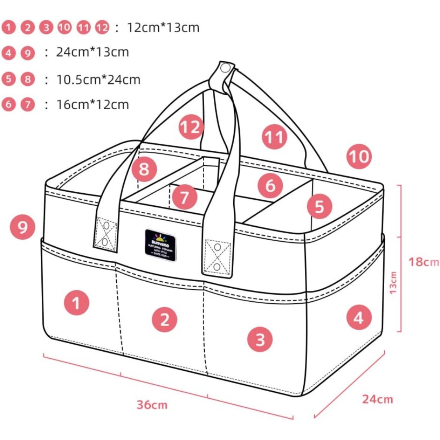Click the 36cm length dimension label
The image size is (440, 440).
click(x=152, y=405)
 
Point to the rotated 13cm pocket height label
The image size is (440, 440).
click(x=393, y=283)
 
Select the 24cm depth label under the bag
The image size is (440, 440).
click(x=378, y=399)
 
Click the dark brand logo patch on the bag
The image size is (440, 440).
click(x=159, y=245)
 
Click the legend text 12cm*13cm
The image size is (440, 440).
click(x=163, y=27)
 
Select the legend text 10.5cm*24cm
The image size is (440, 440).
click(x=98, y=80)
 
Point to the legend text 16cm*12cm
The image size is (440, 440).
click(x=92, y=105)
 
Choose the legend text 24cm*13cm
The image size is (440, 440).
click(x=92, y=52)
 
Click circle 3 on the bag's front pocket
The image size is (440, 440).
click(x=260, y=339)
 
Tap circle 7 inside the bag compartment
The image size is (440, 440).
click(x=184, y=197)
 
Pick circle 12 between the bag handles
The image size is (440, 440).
click(x=191, y=127)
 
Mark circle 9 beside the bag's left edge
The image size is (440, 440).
click(x=22, y=227)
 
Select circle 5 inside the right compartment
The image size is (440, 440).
click(x=319, y=206)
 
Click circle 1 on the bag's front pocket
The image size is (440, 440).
click(x=76, y=303)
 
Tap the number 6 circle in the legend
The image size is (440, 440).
click(x=8, y=105)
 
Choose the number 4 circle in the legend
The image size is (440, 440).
click(x=8, y=54)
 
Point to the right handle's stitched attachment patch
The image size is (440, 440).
click(x=217, y=257)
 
